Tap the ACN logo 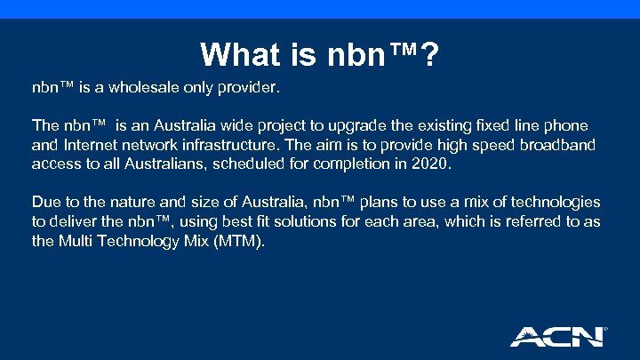(556, 336)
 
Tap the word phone (565, 127)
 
